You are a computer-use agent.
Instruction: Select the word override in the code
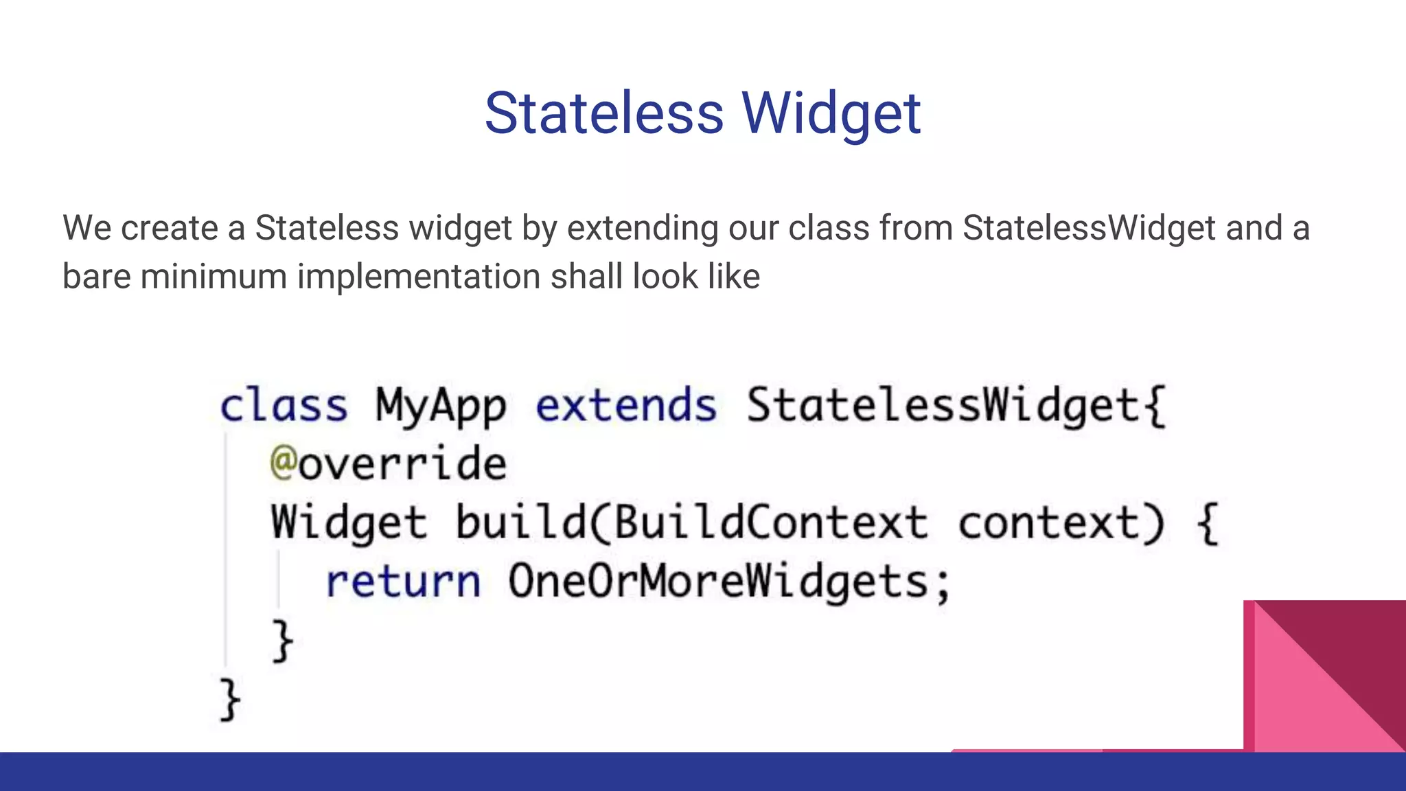pos(402,464)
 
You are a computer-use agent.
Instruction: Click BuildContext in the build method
pos(770,523)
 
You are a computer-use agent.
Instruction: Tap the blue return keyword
pos(403,582)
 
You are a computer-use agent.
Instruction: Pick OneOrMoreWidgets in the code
pos(718,582)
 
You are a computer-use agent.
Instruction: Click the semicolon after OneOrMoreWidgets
pos(943,585)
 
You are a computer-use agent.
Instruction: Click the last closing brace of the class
pos(230,700)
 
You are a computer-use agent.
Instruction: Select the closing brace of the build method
pos(282,641)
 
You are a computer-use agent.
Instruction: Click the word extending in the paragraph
pos(643,228)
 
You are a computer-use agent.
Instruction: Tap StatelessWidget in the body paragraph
pos(1089,228)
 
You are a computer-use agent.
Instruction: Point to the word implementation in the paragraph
pos(418,277)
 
